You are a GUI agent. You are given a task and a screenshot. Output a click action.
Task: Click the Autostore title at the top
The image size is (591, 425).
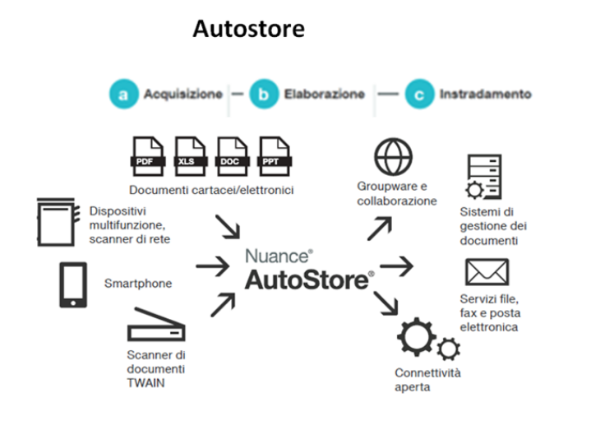pyautogui.click(x=248, y=29)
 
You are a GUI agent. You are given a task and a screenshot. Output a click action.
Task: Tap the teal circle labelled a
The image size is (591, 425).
pyautogui.click(x=123, y=95)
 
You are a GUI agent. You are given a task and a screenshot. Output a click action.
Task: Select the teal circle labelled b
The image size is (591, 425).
pyautogui.click(x=263, y=95)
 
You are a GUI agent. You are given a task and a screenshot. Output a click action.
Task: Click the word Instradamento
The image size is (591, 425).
pyautogui.click(x=485, y=95)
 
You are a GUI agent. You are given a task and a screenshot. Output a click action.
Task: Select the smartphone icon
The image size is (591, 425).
pyautogui.click(x=72, y=284)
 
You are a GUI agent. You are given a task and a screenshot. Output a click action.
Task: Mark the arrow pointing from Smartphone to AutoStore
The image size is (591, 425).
pyautogui.click(x=213, y=266)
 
